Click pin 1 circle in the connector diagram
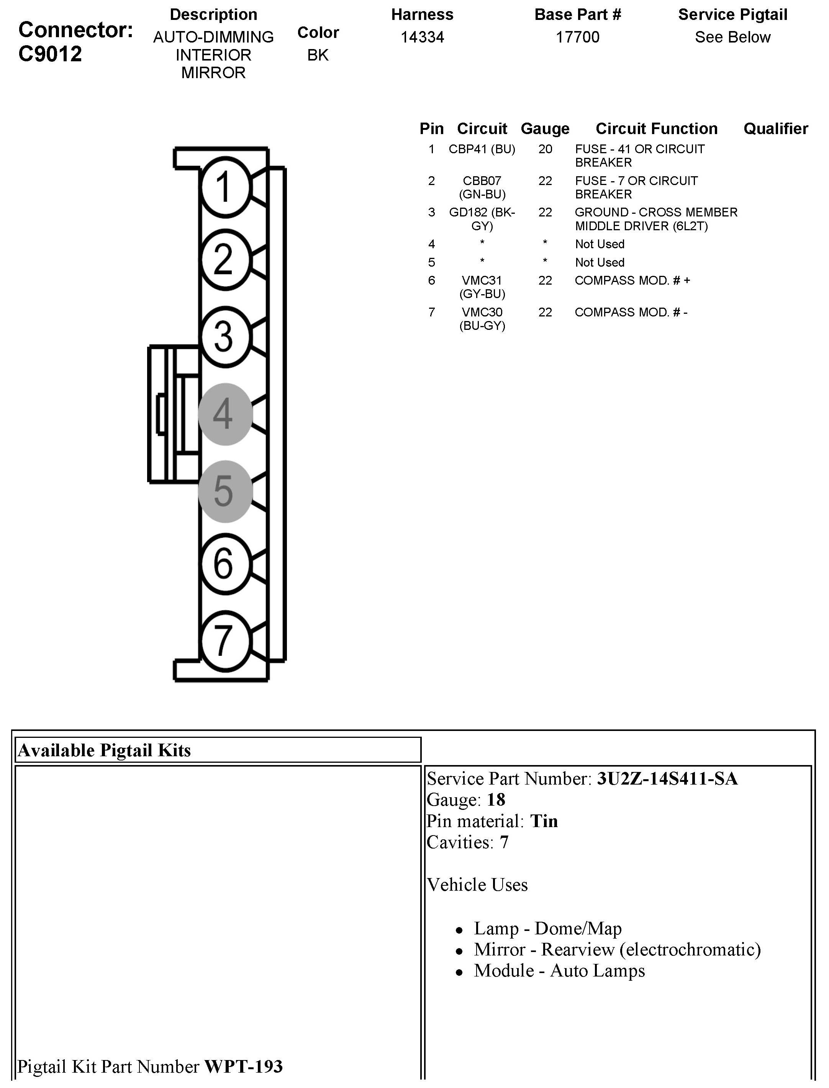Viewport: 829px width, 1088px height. (x=225, y=187)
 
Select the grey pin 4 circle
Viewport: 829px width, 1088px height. (x=225, y=414)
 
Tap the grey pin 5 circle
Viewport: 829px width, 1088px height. (x=225, y=492)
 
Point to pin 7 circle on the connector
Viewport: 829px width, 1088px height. (x=225, y=641)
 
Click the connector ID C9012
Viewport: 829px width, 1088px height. (x=50, y=54)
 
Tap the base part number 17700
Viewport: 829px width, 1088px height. (x=577, y=37)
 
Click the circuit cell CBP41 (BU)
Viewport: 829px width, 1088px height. (x=482, y=149)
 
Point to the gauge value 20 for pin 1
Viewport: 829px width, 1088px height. (x=545, y=149)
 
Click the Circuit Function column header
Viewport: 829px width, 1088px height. (x=656, y=129)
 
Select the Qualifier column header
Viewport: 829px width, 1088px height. (x=776, y=129)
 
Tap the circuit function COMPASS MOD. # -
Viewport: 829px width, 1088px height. (x=631, y=312)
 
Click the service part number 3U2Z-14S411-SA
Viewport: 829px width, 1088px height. (x=667, y=778)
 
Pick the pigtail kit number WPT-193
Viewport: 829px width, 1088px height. (x=243, y=1066)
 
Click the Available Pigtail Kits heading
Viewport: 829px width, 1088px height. (x=104, y=750)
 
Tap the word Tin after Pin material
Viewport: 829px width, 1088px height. (x=544, y=821)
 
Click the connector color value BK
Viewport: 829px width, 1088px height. (x=318, y=55)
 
